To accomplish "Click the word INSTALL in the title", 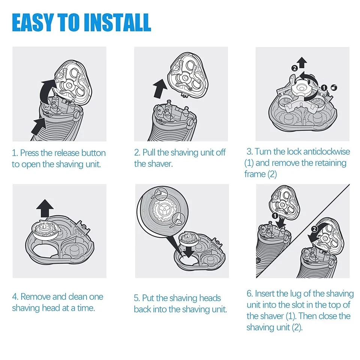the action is click(x=117, y=22).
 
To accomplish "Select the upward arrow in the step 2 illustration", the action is click(x=160, y=88).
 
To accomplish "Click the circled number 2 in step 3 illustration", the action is click(x=294, y=68).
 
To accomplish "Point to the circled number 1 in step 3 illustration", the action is click(x=324, y=87).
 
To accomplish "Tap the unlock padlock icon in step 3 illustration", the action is click(x=334, y=87).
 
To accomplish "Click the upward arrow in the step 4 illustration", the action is click(x=45, y=208).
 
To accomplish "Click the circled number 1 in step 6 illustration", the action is click(x=274, y=216).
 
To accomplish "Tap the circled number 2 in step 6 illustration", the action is click(x=314, y=229).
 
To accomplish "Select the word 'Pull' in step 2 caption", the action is click(x=149, y=153).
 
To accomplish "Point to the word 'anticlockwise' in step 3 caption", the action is click(x=327, y=151).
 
